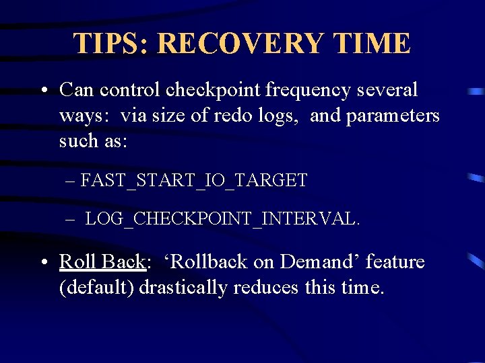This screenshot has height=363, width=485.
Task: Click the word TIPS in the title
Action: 110,44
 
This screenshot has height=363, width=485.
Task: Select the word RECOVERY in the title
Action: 239,44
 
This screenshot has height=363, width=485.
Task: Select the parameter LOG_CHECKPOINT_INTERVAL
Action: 223,218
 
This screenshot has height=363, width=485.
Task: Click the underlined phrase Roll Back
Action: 102,261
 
